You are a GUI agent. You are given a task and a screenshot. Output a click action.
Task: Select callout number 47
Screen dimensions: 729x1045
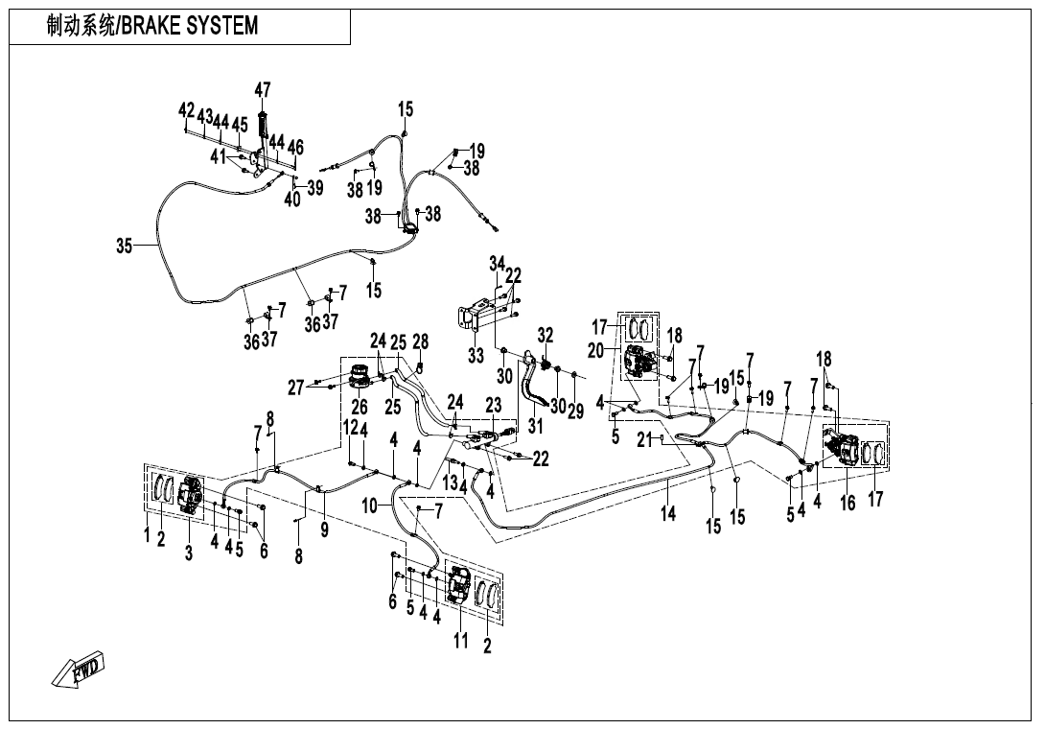pos(262,90)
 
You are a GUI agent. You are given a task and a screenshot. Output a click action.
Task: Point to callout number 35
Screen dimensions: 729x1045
pos(124,247)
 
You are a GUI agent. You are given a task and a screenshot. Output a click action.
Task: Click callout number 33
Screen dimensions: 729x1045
pos(476,355)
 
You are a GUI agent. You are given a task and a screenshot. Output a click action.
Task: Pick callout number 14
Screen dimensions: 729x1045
pos(668,514)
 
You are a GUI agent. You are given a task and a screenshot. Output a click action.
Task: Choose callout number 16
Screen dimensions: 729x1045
pos(848,503)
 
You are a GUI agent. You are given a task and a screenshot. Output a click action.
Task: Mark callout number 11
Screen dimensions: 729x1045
pos(460,641)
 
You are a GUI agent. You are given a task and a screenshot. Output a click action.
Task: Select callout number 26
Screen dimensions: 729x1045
pos(360,408)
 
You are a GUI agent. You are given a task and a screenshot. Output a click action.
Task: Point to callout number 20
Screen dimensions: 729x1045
pos(596,351)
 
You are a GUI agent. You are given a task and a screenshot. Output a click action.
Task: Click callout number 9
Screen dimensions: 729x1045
pos(325,529)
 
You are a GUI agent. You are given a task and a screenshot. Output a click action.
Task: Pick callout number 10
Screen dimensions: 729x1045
pos(371,504)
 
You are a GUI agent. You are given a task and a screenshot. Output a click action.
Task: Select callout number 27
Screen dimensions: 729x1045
pos(296,388)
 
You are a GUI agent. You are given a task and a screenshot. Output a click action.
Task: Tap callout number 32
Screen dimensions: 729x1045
pos(546,336)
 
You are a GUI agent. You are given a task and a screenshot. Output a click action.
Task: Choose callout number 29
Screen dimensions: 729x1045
pos(575,412)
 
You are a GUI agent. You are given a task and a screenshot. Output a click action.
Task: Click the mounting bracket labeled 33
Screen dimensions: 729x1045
pos(476,317)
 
